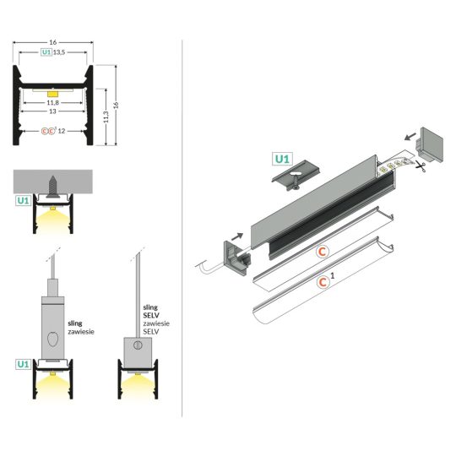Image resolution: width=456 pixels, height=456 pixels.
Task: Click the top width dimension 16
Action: pos(52,41)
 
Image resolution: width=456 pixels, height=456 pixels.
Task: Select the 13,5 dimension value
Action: pos(59,52)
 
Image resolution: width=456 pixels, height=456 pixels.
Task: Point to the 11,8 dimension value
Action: pos(52,103)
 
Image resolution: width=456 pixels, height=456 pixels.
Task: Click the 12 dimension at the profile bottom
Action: pos(62,131)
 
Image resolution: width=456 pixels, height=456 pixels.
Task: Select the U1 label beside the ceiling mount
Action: pos(23,201)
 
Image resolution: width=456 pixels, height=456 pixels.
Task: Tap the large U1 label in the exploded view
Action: pos(282,158)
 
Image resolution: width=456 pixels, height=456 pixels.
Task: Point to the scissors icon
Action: pos(421,167)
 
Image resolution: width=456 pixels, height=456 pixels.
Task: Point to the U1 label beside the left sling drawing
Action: pos(23,364)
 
